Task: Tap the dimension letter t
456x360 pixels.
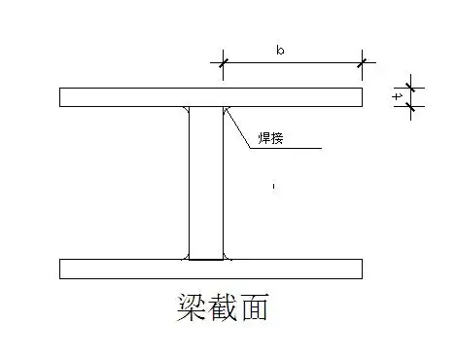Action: [397, 96]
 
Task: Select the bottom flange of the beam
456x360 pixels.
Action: [117, 269]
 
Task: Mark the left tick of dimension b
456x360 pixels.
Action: [224, 64]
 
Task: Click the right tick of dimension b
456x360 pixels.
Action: [363, 64]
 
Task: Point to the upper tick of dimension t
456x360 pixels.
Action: [409, 88]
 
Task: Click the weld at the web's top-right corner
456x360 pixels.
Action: [226, 110]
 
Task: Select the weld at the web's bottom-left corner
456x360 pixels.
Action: [186, 257]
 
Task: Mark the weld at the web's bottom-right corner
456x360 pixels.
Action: [227, 257]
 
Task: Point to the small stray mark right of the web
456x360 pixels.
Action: [274, 185]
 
